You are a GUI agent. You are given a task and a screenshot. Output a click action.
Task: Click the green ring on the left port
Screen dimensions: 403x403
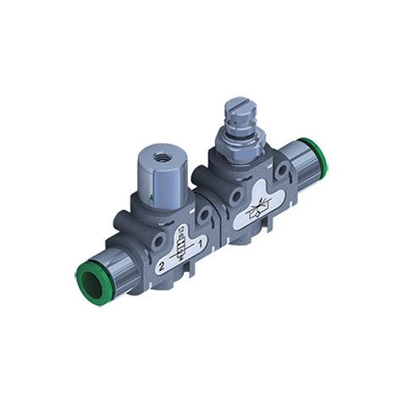point(88,274)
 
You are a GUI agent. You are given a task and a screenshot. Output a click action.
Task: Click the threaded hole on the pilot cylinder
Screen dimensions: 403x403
point(158,157)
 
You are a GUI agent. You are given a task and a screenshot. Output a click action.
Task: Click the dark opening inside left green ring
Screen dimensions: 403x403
point(85,277)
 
